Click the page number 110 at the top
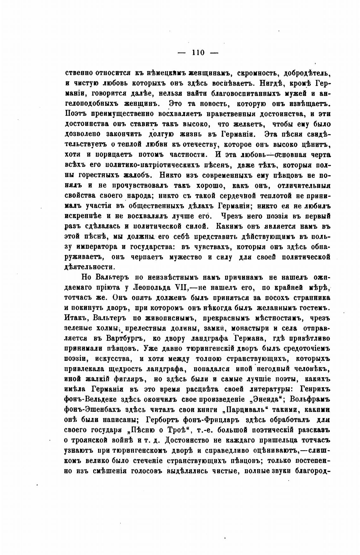[198, 53]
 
